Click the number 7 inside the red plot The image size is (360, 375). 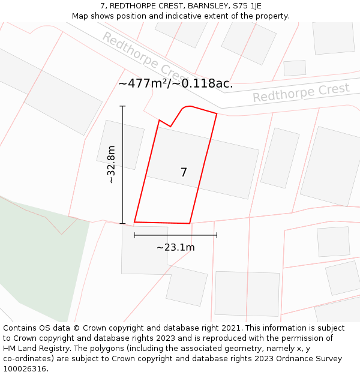[x=184, y=172]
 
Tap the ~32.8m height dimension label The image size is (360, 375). [x=110, y=164]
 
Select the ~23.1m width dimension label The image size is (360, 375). [x=175, y=247]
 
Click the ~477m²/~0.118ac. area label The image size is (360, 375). [x=175, y=83]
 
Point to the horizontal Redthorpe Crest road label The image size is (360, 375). [x=301, y=93]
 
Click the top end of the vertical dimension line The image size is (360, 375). [x=122, y=106]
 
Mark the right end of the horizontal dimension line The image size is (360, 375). [x=217, y=235]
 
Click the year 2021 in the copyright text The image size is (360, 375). [x=230, y=328]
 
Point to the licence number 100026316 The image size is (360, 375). [x=25, y=369]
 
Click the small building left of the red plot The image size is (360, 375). [x=120, y=145]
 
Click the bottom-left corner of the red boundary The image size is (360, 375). [x=134, y=222]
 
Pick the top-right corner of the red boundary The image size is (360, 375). [x=217, y=113]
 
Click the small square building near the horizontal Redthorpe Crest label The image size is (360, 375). [x=295, y=68]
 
